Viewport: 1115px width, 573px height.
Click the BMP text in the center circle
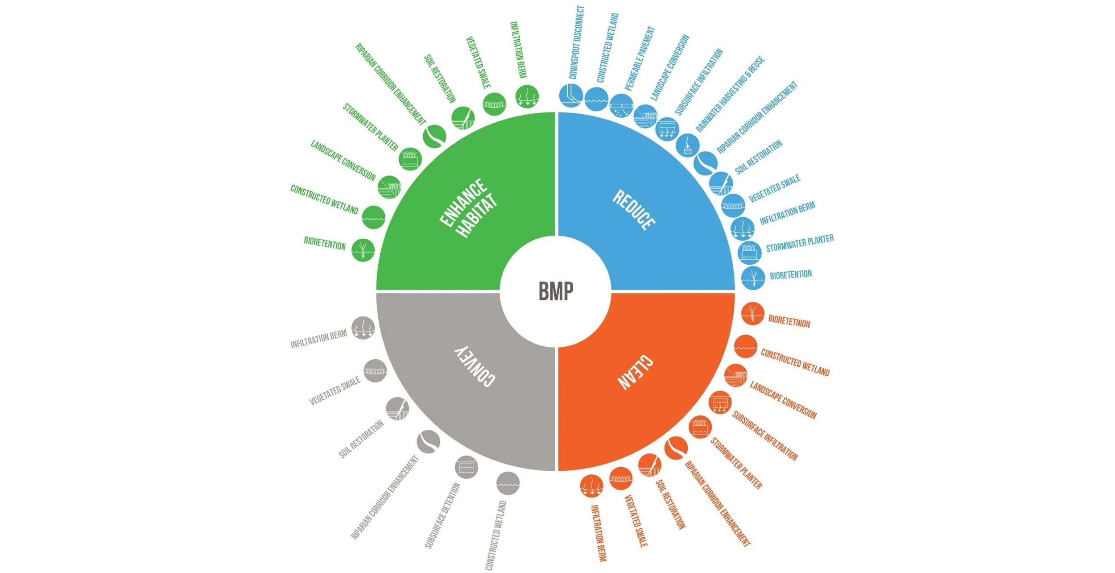pyautogui.click(x=556, y=291)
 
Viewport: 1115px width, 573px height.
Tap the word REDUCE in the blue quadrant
pyautogui.click(x=634, y=210)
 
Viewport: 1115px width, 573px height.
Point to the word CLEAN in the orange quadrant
pyautogui.click(x=635, y=373)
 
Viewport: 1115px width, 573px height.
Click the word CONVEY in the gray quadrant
pyautogui.click(x=475, y=366)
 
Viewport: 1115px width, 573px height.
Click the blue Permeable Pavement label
pyautogui.click(x=640, y=58)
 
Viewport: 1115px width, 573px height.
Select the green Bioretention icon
pyautogui.click(x=363, y=250)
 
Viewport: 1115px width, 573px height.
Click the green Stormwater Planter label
pyautogui.click(x=370, y=127)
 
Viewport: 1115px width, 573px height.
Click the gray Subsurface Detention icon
pyautogui.click(x=466, y=468)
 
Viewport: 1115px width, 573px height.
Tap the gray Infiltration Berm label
pyautogui.click(x=318, y=339)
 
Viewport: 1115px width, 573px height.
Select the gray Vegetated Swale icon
pyautogui.click(x=375, y=370)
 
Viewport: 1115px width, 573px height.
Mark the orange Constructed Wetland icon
pyautogui.click(x=745, y=346)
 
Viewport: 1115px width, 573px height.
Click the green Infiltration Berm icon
pyautogui.click(x=527, y=96)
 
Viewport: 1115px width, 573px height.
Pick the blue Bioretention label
pyautogui.click(x=791, y=274)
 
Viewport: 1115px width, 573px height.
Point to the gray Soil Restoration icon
pyautogui.click(x=397, y=408)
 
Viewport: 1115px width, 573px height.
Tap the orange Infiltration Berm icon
pyautogui.click(x=591, y=486)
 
